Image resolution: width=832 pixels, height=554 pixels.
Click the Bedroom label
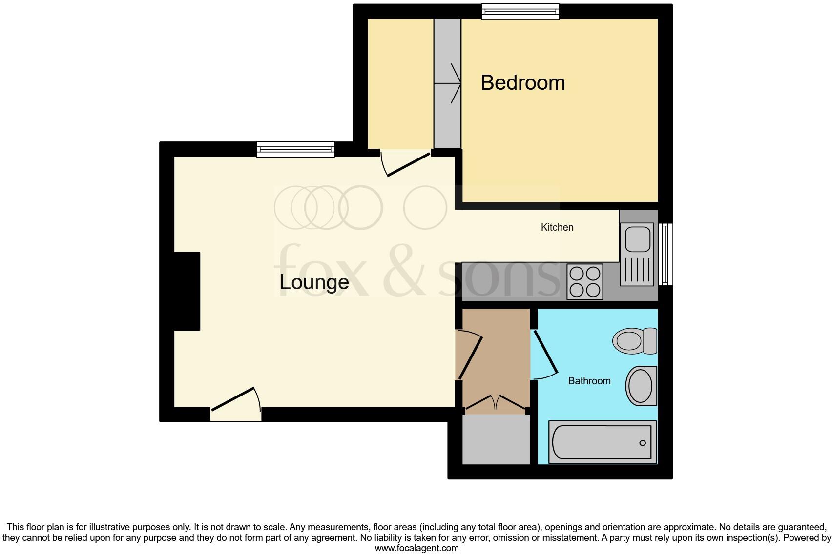[522, 82]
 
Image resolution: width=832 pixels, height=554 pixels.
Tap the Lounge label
[314, 282]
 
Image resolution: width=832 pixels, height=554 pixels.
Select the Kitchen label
[557, 227]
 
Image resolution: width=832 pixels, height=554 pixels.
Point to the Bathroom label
[589, 381]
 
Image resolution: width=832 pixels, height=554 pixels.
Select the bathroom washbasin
[641, 386]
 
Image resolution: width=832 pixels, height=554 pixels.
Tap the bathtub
[602, 442]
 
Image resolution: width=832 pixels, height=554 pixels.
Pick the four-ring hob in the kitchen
[584, 282]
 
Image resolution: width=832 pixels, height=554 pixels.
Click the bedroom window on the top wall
[520, 12]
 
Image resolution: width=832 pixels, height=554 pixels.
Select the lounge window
[295, 149]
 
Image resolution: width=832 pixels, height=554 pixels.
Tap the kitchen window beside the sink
[666, 254]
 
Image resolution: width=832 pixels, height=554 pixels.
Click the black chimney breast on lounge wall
[187, 291]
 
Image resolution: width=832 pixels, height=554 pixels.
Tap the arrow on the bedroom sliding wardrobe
[448, 84]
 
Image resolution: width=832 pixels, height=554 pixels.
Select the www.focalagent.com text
[416, 548]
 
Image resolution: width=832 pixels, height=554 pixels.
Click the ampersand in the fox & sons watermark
[408, 271]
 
